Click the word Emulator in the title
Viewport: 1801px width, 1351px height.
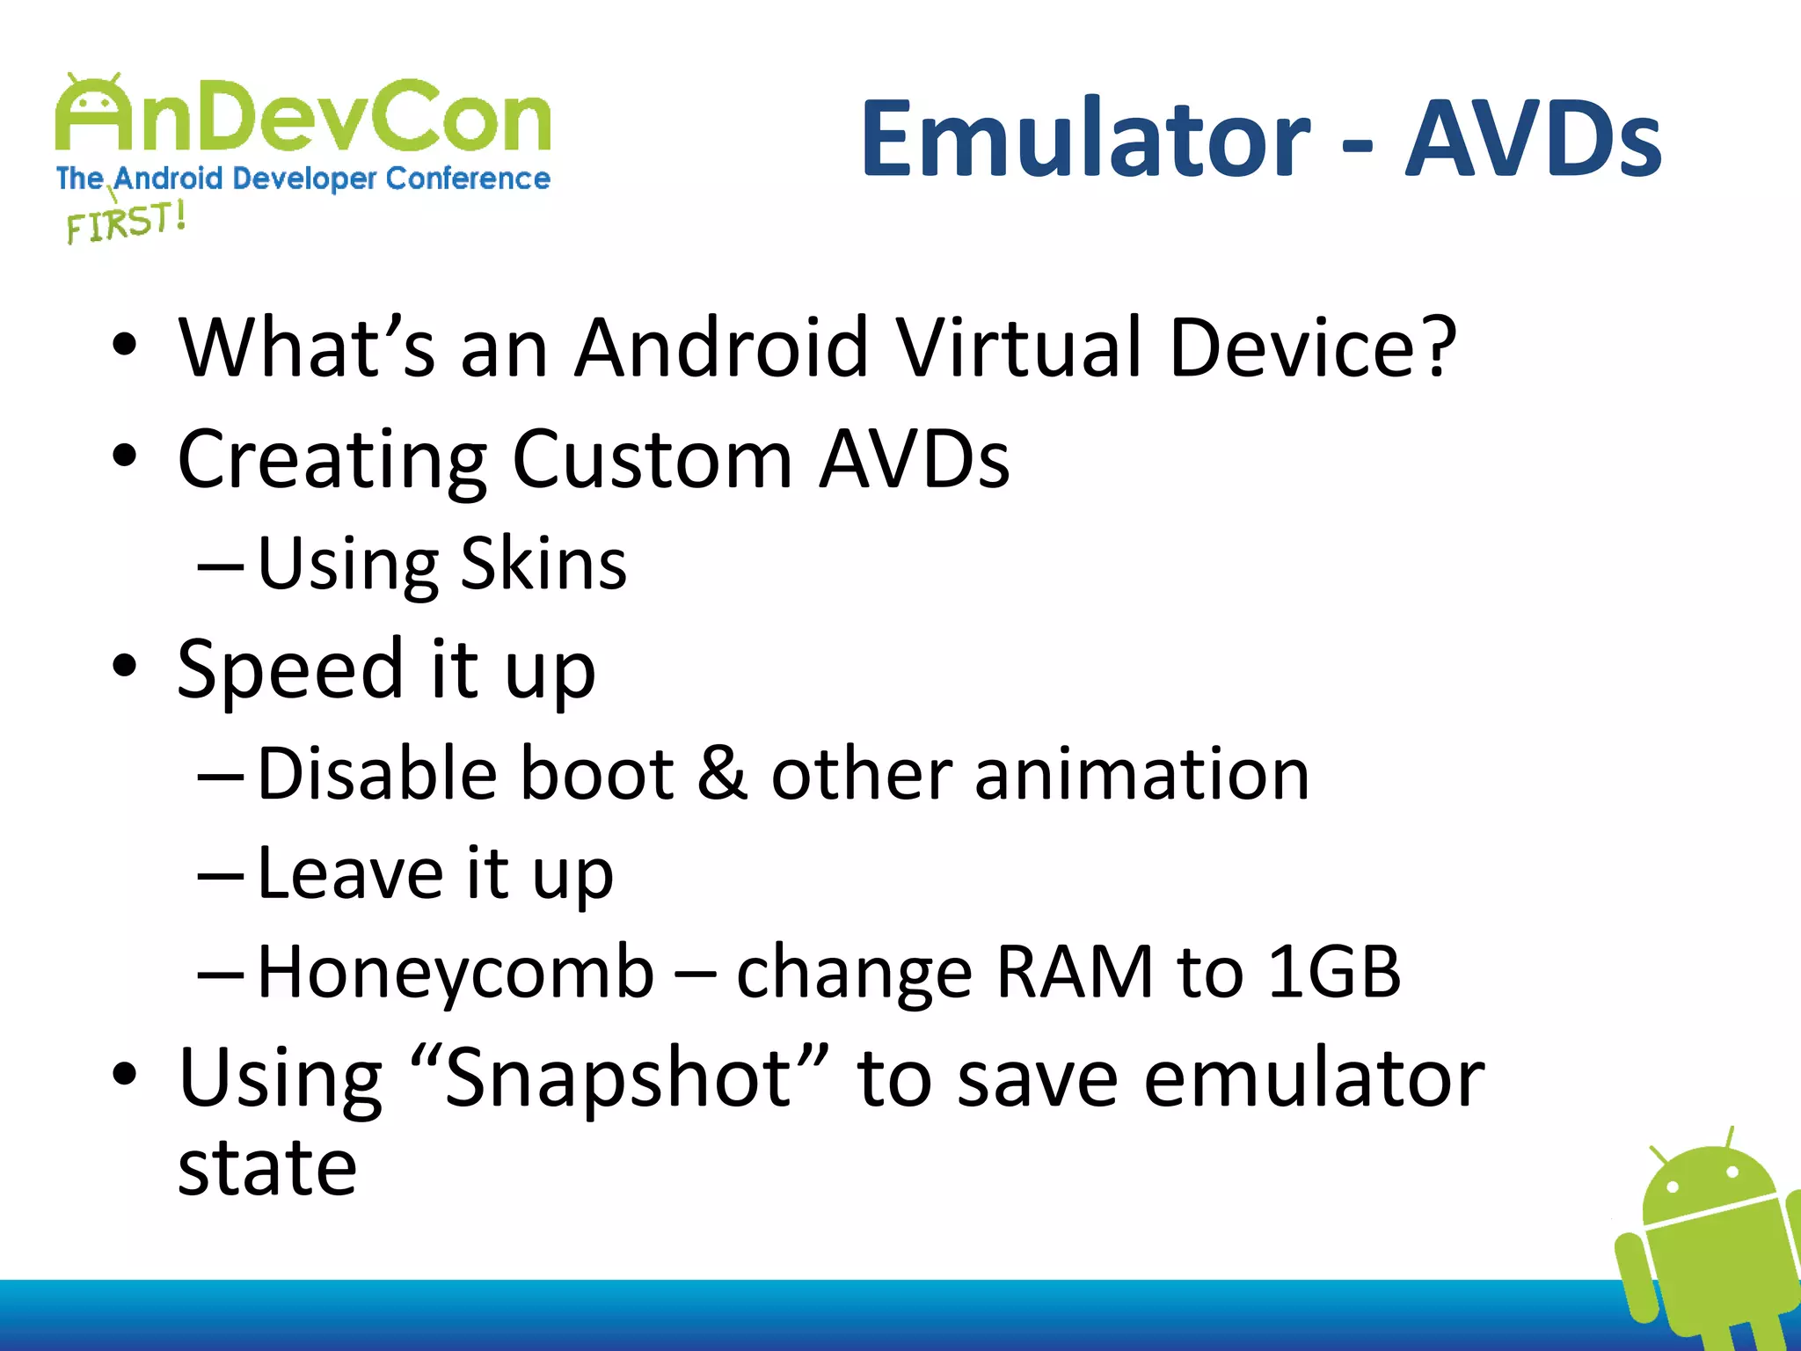1085,139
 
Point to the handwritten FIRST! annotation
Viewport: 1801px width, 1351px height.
126,221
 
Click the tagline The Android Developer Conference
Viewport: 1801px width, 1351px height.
303,179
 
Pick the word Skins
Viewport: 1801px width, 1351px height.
543,564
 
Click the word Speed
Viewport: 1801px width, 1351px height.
290,670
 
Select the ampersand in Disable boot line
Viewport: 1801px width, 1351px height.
722,773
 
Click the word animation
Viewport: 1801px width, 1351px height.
1141,773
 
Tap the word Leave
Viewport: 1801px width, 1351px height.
350,873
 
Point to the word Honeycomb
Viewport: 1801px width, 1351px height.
456,973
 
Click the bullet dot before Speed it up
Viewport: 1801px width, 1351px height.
125,666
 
